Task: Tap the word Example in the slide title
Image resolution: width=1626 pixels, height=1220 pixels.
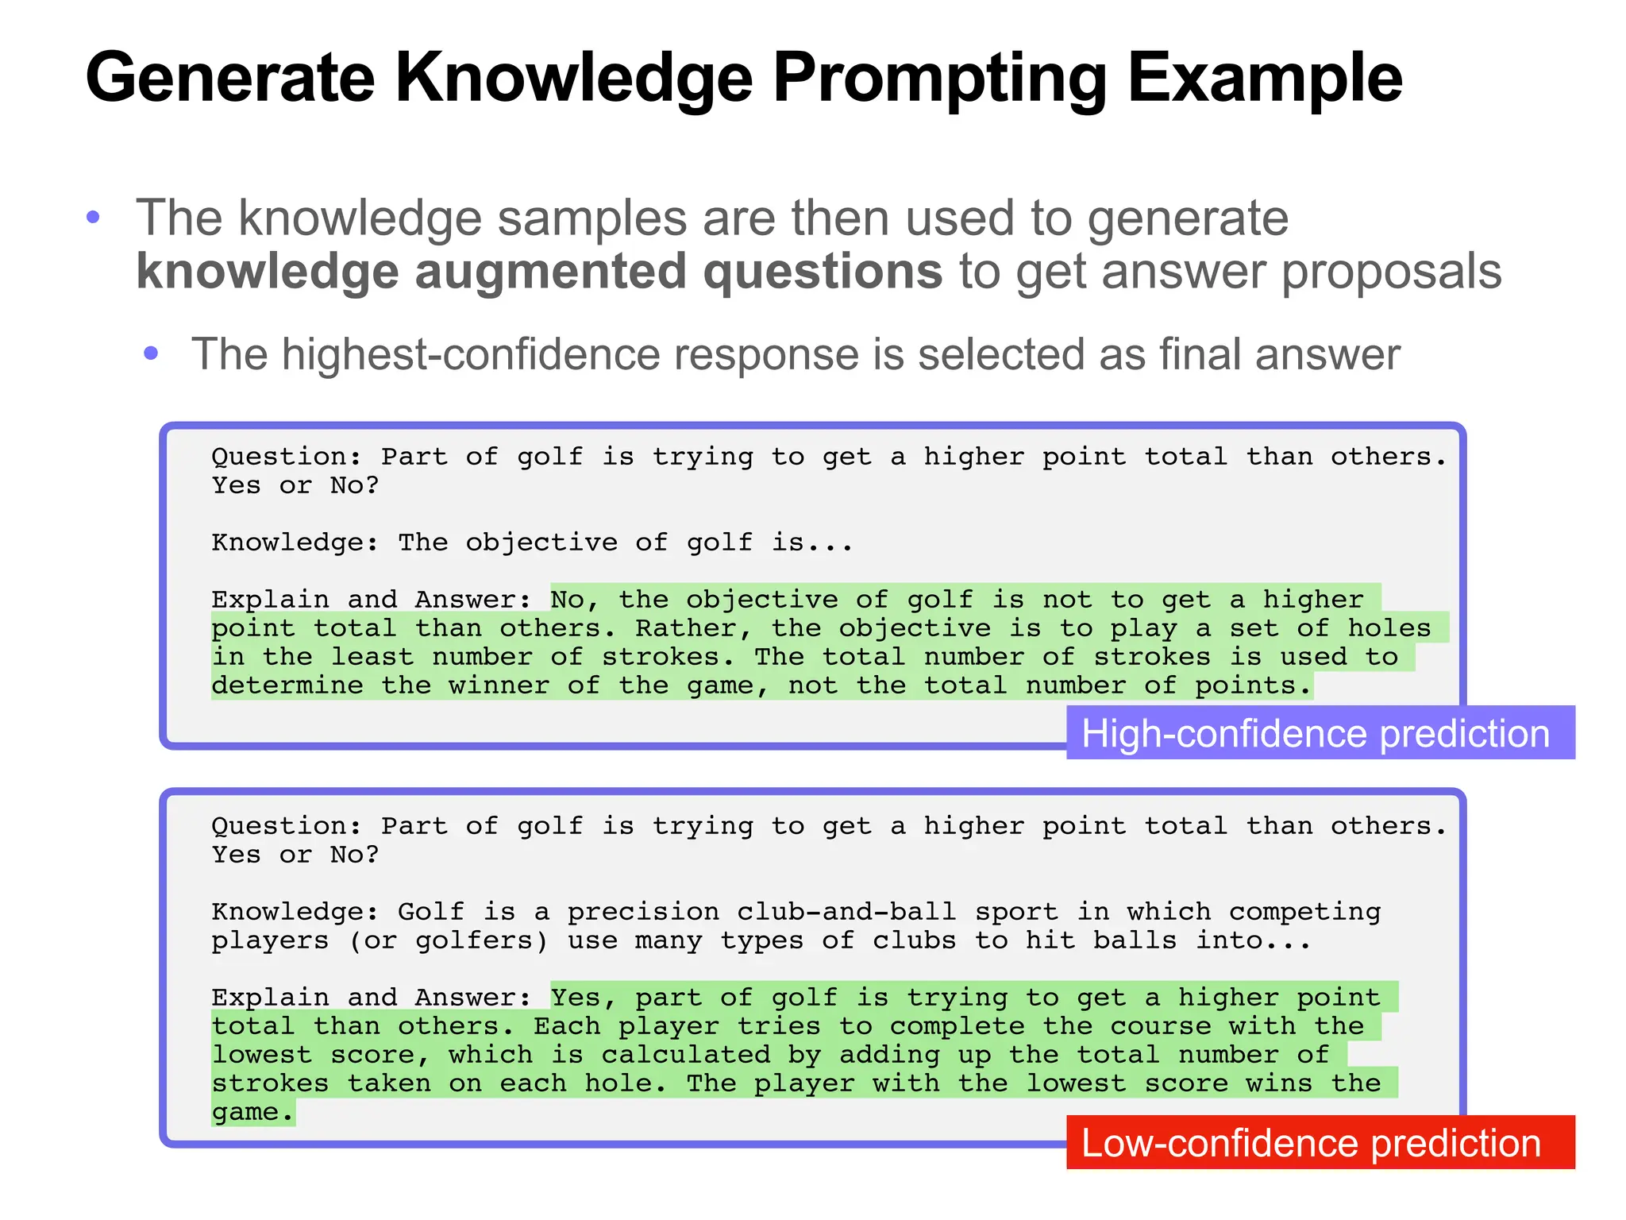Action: click(1265, 79)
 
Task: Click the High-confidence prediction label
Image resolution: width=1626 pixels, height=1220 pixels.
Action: click(1316, 733)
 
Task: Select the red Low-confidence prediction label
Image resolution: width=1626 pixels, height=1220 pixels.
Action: click(1311, 1143)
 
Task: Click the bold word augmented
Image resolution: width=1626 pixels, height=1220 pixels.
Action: click(551, 272)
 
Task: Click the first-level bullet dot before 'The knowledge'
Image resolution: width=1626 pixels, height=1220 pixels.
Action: click(93, 217)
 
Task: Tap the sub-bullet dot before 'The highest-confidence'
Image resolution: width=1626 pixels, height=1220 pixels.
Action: click(151, 353)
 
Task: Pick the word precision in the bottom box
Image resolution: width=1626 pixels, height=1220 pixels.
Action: click(642, 912)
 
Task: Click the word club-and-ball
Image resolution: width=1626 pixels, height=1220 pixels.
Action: click(846, 912)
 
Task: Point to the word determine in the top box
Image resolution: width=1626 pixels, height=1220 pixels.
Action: click(287, 685)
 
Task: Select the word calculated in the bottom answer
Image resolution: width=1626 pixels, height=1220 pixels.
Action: click(686, 1055)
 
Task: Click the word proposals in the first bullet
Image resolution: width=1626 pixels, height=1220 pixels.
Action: click(1391, 272)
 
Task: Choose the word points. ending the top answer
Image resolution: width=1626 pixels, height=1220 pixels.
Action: click(1253, 685)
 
